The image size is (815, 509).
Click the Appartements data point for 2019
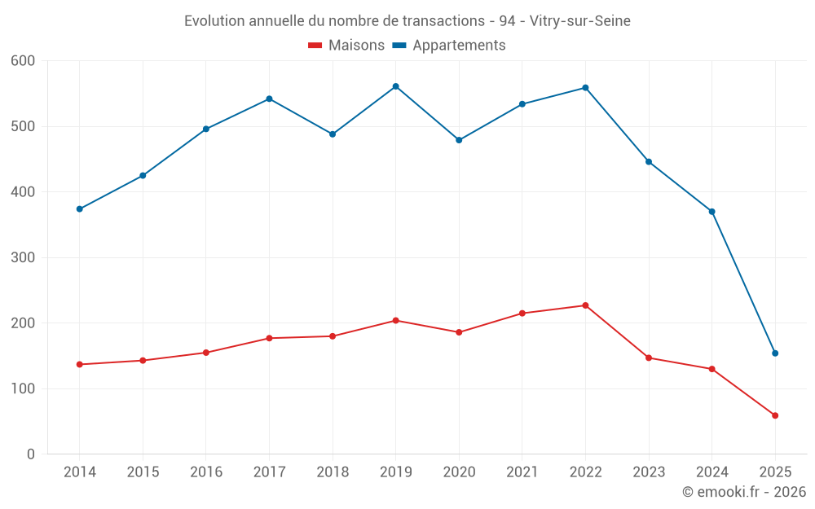[395, 86]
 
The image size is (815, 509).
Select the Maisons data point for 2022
[585, 305]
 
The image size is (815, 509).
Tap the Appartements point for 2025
[775, 353]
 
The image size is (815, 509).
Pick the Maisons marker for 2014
[79, 364]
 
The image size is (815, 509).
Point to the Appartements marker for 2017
[269, 99]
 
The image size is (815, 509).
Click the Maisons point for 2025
[775, 415]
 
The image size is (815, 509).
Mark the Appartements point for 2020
[459, 140]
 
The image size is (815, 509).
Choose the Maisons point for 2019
[395, 320]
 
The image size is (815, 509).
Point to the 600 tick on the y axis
[24, 61]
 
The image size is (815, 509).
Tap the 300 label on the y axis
[24, 257]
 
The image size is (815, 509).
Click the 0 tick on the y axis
[32, 454]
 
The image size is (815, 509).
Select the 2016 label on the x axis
[205, 472]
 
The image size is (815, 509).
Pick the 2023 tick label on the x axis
[649, 472]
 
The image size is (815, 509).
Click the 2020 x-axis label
[459, 472]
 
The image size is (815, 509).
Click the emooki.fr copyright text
[743, 492]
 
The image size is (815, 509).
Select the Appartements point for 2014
[79, 209]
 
